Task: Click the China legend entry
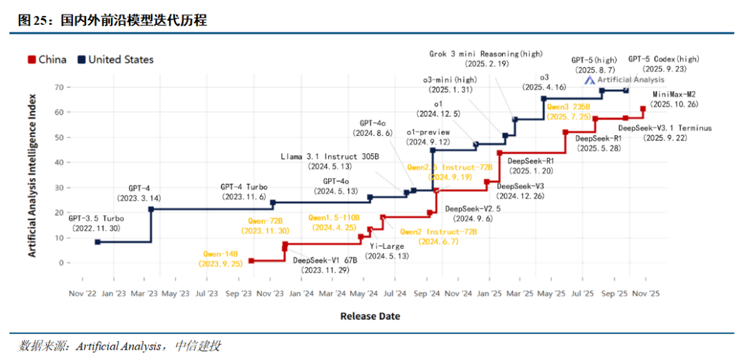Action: click(47, 59)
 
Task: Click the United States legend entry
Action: click(115, 59)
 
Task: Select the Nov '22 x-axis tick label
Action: click(82, 293)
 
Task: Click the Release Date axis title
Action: click(370, 316)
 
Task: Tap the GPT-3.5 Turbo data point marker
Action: click(97, 242)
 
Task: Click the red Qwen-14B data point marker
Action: click(251, 261)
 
